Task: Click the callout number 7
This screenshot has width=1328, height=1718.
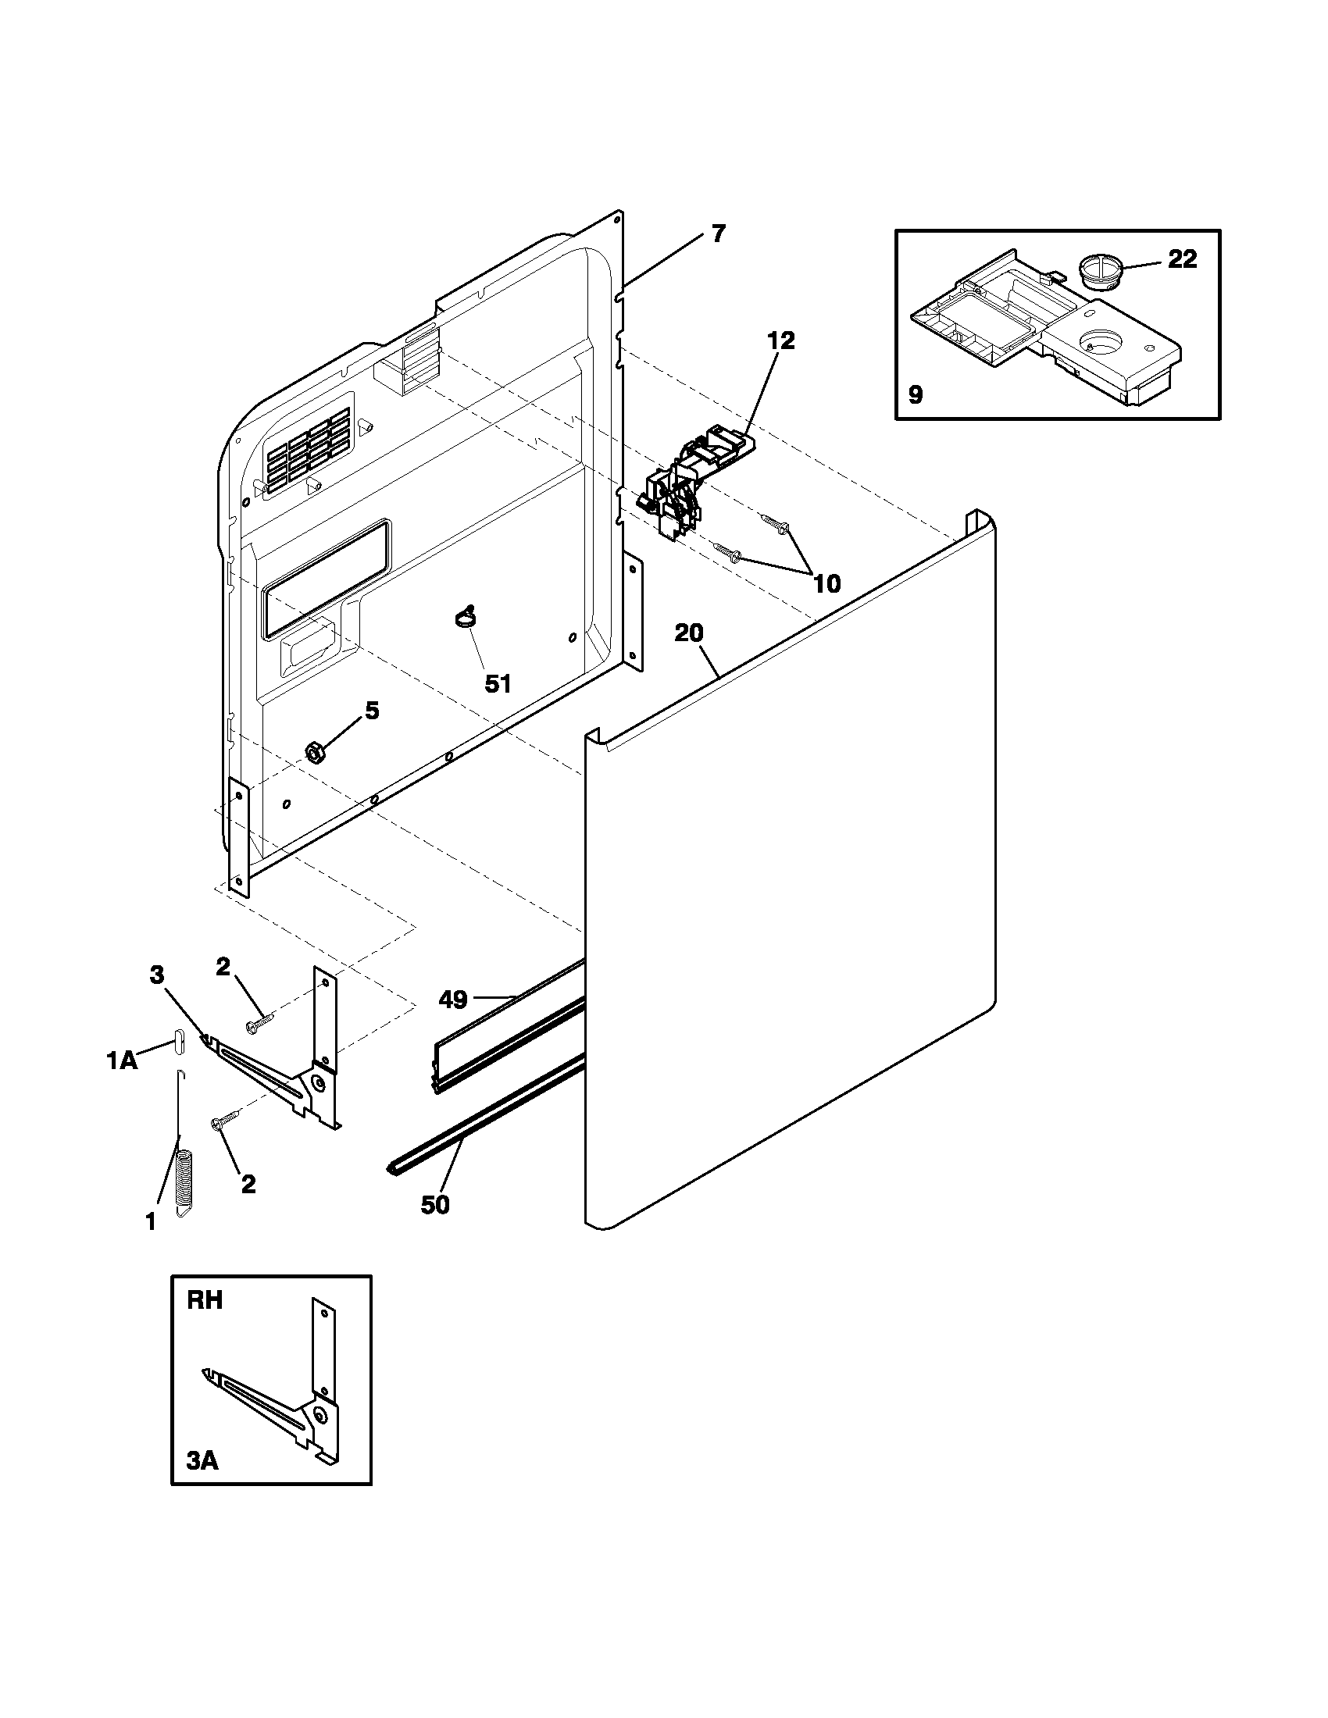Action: (718, 233)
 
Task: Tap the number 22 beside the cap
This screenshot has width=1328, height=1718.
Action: (1182, 258)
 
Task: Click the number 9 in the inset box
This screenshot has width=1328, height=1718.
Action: (915, 394)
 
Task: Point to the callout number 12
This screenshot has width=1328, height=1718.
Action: (781, 340)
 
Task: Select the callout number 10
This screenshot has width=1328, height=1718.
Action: (826, 583)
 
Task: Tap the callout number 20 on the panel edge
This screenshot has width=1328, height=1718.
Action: (688, 633)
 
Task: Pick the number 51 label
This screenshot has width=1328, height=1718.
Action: (497, 683)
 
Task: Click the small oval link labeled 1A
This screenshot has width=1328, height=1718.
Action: (179, 1043)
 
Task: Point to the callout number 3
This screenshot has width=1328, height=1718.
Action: (157, 975)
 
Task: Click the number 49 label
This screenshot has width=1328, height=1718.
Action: (453, 1000)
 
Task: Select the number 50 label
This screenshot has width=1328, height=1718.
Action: (435, 1204)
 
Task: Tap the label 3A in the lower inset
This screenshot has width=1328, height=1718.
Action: (202, 1461)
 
